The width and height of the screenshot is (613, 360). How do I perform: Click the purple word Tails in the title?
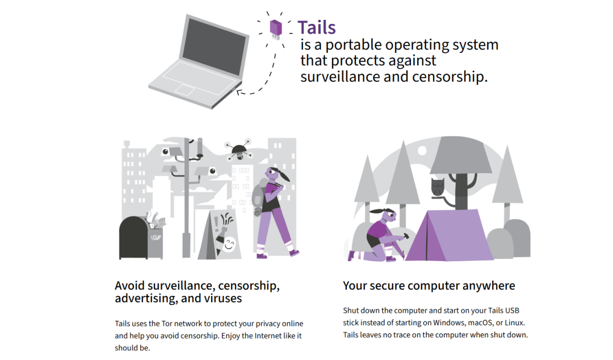click(x=316, y=27)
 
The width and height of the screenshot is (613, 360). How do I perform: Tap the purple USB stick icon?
click(x=276, y=28)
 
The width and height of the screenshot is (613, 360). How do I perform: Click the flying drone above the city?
click(x=238, y=150)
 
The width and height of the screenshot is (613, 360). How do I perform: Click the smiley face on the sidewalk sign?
click(x=229, y=245)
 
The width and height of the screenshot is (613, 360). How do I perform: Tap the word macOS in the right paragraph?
click(x=483, y=323)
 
